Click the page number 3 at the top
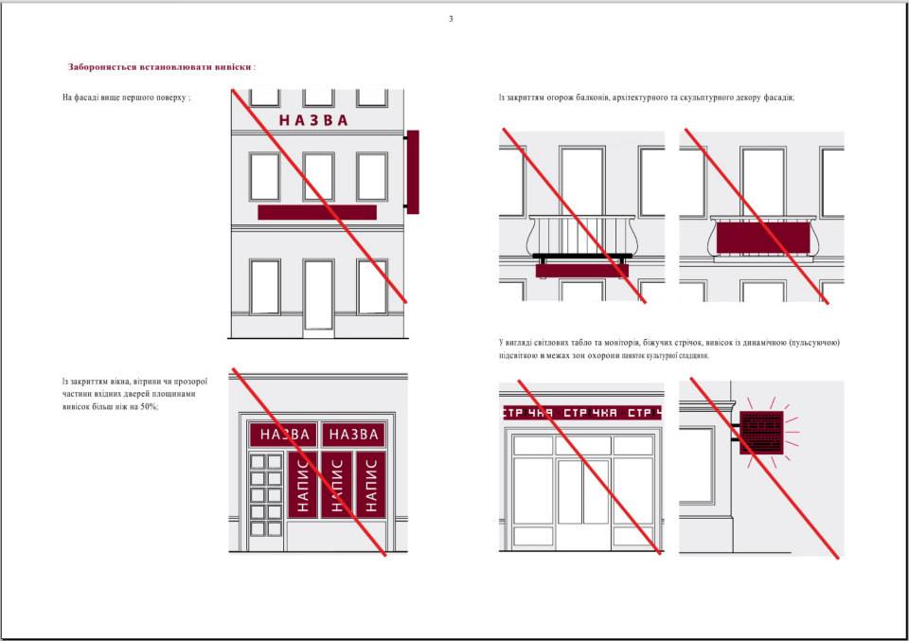coord(451,19)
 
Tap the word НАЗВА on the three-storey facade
coord(313,120)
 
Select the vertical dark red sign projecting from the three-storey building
coord(413,171)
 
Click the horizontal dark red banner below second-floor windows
coord(317,212)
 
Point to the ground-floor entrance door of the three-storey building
coord(318,295)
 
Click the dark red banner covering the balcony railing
coord(763,238)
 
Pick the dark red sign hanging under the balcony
coord(581,271)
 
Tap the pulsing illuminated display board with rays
coord(761,433)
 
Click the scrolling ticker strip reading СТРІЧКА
coord(581,413)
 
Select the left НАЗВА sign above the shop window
coord(283,434)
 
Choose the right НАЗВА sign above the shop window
coord(353,434)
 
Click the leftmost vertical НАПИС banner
coord(302,485)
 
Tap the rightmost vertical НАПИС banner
coord(371,485)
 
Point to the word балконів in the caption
coord(593,98)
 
